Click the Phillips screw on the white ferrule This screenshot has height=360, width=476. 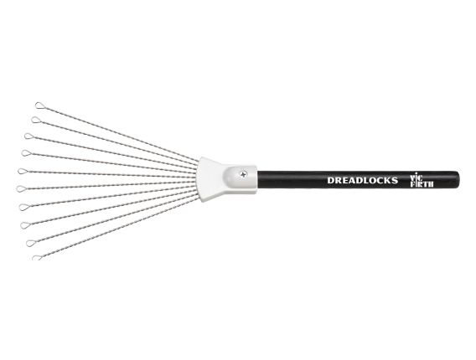click(x=244, y=174)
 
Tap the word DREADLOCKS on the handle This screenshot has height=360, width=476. click(x=363, y=181)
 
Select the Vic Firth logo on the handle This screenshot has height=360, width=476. click(x=422, y=181)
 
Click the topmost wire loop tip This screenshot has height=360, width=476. click(x=39, y=105)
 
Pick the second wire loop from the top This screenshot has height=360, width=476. click(x=35, y=120)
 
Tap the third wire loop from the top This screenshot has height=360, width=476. click(x=28, y=136)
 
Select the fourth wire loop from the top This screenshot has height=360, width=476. click(x=26, y=153)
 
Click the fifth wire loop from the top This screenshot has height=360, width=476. click(x=23, y=171)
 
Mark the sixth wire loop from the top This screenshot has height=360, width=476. click(x=21, y=189)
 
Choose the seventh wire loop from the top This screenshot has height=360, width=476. click(x=24, y=207)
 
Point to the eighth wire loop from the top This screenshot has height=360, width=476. click(x=25, y=225)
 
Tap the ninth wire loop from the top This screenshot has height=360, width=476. click(x=31, y=243)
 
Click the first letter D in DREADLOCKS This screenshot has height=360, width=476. click(x=330, y=181)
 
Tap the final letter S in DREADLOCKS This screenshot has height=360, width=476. click(x=395, y=181)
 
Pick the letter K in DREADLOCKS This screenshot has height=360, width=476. click(x=387, y=181)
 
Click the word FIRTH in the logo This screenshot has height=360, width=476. click(x=422, y=184)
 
